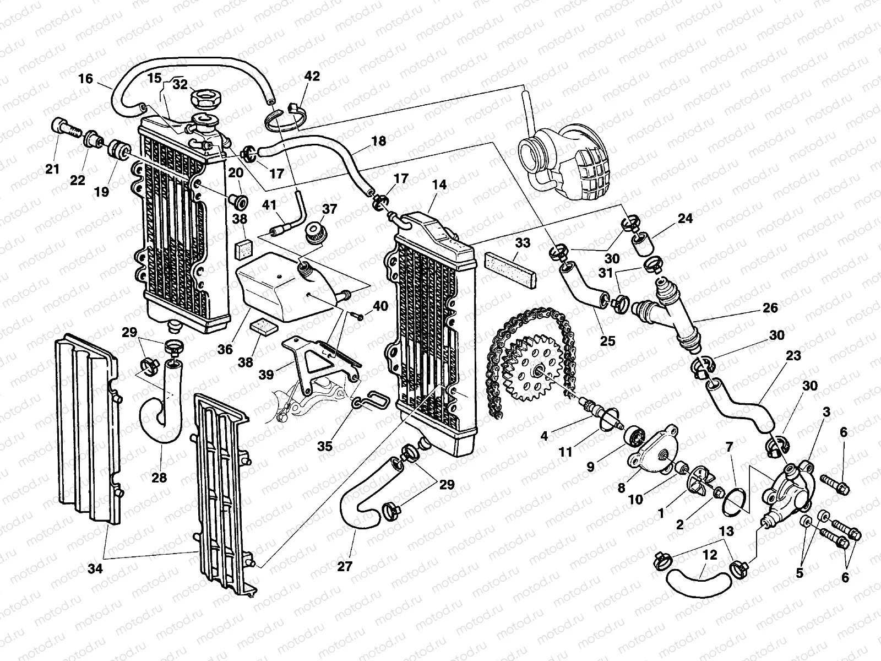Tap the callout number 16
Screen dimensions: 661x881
(x=85, y=78)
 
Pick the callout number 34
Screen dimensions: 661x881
(x=95, y=554)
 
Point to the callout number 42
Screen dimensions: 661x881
(x=311, y=75)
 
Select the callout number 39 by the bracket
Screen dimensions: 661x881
(x=266, y=374)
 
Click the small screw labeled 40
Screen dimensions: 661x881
(x=357, y=316)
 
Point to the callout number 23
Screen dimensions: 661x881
(x=793, y=356)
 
